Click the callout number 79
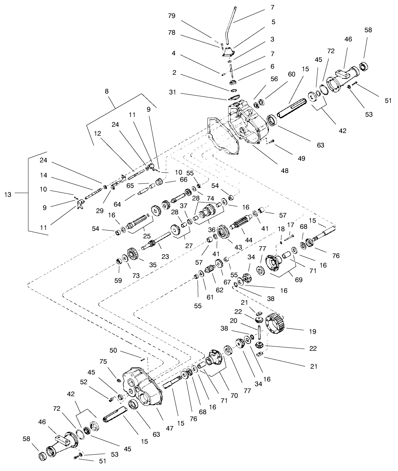tap(172, 15)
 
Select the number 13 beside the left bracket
tap(8, 195)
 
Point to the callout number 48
tap(285, 171)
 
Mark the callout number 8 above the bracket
tap(107, 92)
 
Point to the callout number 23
tap(165, 257)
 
